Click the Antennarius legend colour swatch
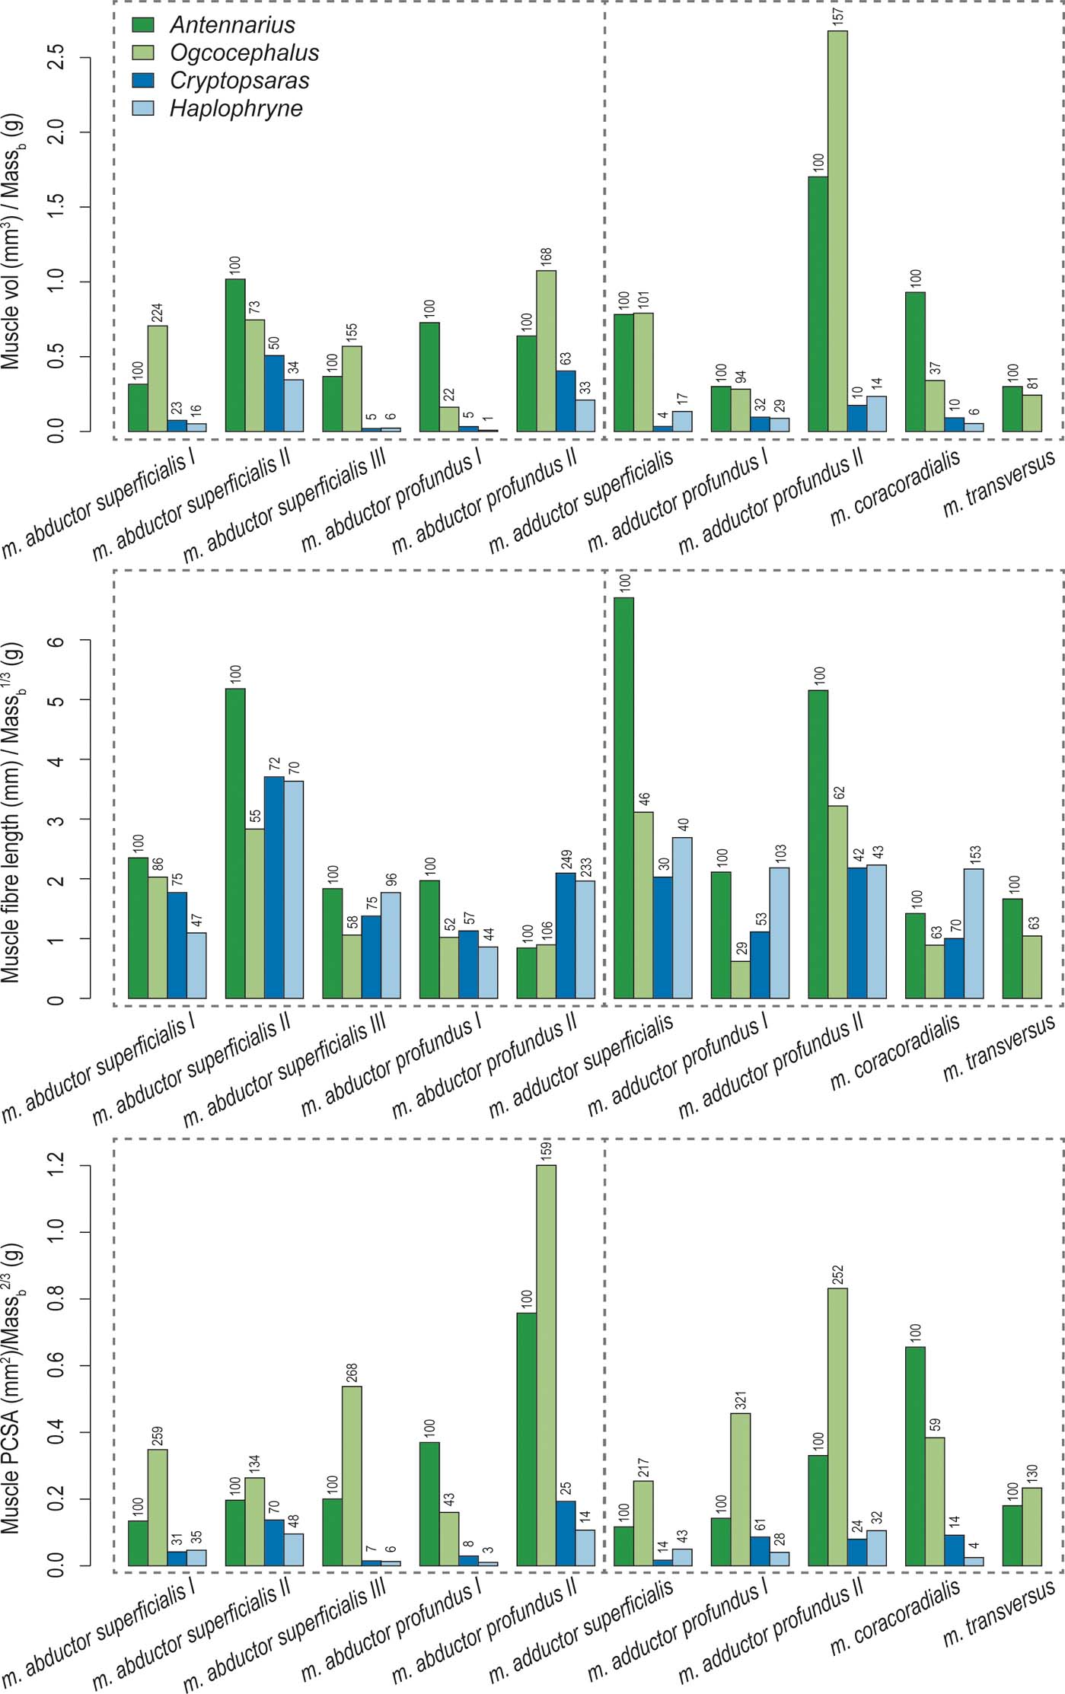143,24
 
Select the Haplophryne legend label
236,109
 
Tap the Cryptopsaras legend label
239,81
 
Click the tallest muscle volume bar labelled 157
837,228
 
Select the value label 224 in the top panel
157,313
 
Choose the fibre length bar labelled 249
566,935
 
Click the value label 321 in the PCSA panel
740,1398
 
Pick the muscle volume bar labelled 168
546,351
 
